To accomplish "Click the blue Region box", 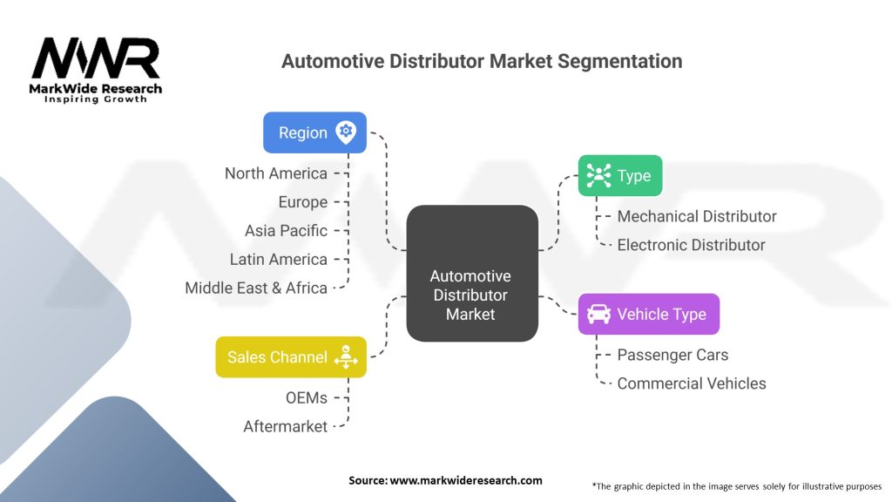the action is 314,132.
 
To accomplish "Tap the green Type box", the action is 620,176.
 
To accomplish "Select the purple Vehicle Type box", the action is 649,314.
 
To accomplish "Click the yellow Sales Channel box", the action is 291,356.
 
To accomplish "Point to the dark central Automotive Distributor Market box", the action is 472,273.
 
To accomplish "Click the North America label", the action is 276,173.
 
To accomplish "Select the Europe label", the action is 302,202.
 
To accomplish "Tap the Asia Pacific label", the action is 286,230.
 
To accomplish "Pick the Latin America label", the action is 279,259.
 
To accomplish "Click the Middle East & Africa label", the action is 256,288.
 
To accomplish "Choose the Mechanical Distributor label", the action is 697,216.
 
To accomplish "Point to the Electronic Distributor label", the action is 691,245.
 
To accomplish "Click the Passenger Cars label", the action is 672,355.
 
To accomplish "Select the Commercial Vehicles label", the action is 692,383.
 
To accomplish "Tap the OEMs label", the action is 307,397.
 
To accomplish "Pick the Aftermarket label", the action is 286,426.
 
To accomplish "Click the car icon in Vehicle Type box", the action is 598,314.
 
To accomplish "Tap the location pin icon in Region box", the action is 346,132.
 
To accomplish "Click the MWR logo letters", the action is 96,58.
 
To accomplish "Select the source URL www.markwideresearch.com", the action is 466,480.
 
